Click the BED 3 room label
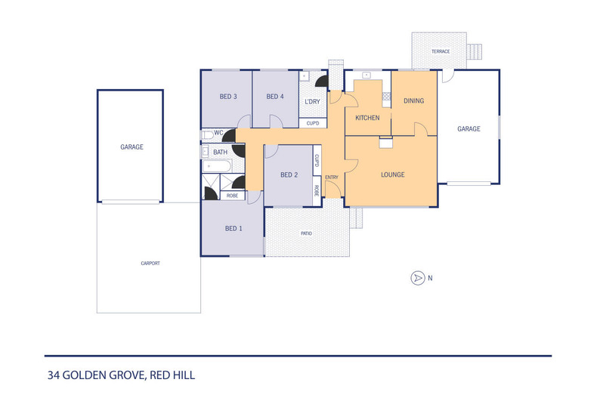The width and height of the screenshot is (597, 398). pos(228,97)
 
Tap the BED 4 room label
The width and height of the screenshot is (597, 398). pos(275,97)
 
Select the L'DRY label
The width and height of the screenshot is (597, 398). pos(312,102)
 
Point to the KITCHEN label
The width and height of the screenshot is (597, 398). pos(367,118)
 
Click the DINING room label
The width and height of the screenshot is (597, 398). pos(414,101)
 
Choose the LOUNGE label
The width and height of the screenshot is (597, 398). pos(393,174)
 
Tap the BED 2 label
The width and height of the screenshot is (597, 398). pos(289,175)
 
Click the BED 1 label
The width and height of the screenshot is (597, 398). pos(234,228)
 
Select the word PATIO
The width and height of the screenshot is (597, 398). pos(307,233)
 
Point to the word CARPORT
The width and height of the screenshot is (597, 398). pos(150,263)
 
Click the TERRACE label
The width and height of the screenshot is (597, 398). pos(441,51)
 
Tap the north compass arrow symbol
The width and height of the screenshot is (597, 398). pos(418,278)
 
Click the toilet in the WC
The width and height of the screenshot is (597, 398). pos(208,135)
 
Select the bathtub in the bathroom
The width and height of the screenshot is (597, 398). pos(217,166)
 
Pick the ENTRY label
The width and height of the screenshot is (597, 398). pos(332,177)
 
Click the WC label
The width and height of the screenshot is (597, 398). pos(218,133)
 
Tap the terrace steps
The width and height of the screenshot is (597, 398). pos(475,52)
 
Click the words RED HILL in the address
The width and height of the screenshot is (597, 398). pos(172,375)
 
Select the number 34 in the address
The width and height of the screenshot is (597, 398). pos(54,375)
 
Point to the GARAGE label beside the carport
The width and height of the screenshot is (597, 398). pos(131,147)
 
